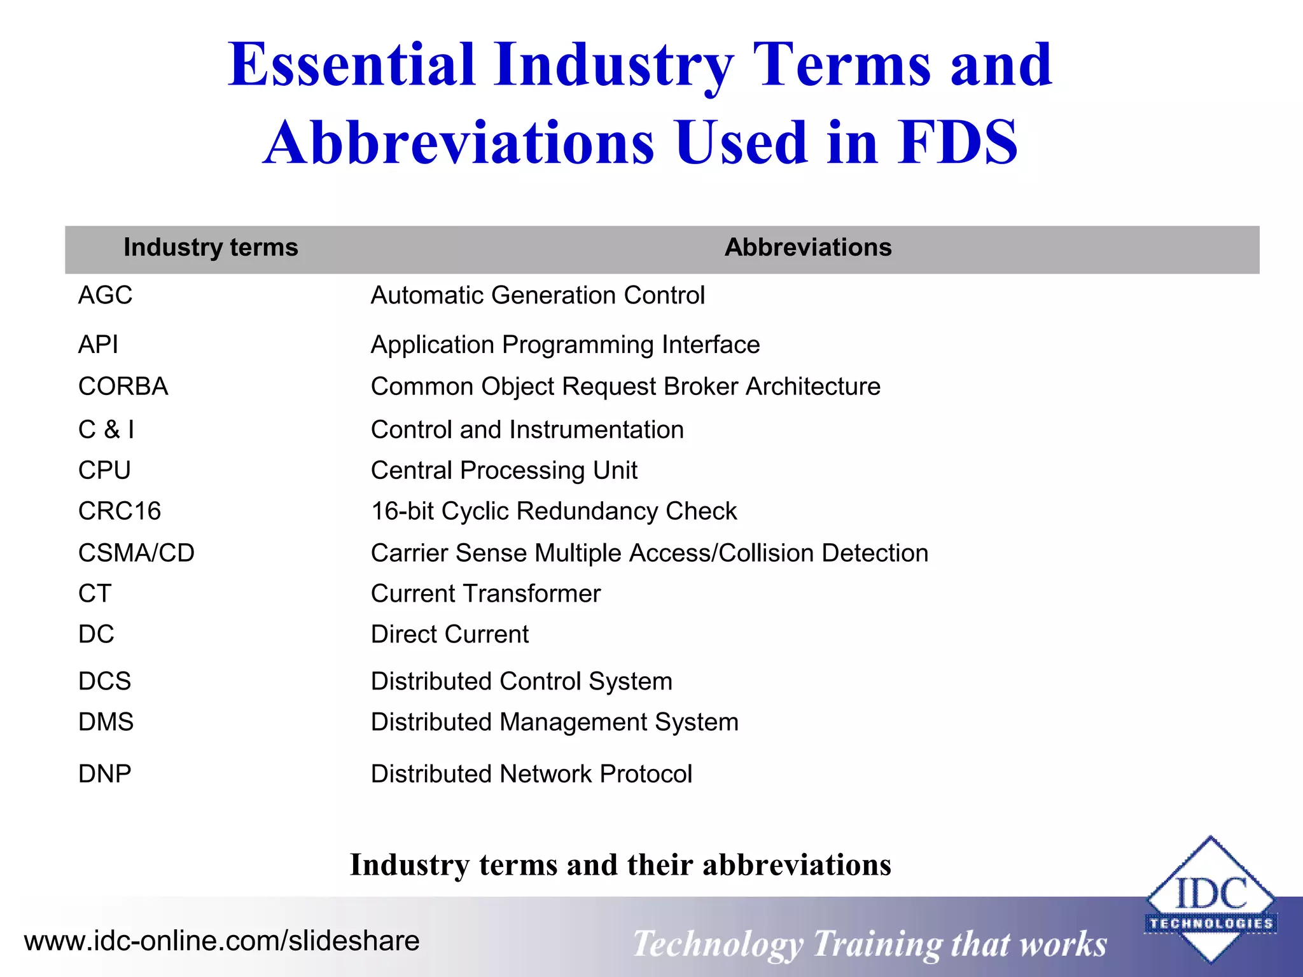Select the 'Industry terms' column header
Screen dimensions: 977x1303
coord(211,247)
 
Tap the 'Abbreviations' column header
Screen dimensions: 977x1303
coord(807,247)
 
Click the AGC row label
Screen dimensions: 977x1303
coord(105,295)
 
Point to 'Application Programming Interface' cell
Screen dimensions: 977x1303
coord(565,345)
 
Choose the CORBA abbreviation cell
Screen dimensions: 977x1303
coord(123,387)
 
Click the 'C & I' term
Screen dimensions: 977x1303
coord(106,430)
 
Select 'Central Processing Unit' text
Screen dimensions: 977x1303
coord(504,471)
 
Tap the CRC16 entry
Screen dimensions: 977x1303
coord(120,511)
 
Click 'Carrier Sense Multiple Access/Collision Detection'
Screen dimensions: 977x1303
coord(649,553)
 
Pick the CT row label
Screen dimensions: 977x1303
coord(95,594)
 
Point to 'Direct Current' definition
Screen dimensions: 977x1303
coord(449,635)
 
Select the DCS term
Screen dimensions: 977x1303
coord(104,681)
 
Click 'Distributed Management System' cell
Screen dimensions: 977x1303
coord(554,722)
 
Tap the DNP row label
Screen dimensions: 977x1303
coord(104,774)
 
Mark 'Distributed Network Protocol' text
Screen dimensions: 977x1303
coord(531,774)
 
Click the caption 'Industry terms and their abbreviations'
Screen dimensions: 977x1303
coord(620,865)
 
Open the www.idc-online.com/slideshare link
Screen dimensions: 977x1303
coord(221,941)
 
